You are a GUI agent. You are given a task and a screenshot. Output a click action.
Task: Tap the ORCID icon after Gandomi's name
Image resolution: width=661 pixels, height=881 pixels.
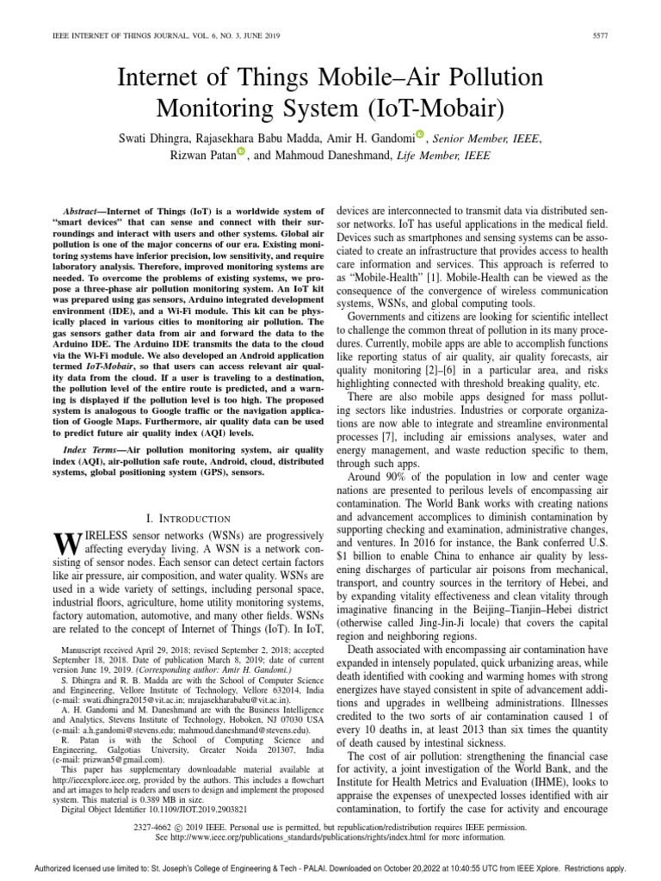(x=419, y=134)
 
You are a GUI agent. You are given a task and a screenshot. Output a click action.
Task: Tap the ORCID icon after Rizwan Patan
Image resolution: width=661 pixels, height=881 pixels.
(x=240, y=153)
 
